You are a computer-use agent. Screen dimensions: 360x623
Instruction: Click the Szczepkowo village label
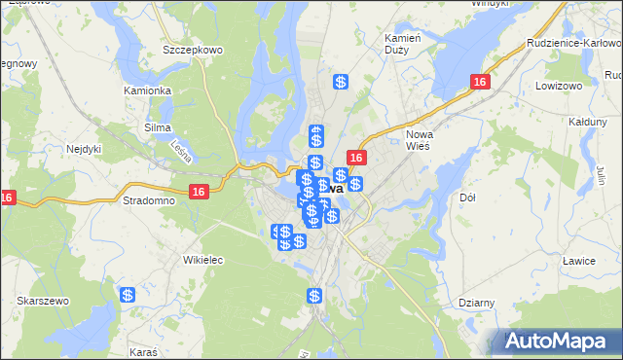(193, 49)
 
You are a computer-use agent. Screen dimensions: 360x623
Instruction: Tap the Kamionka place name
(148, 90)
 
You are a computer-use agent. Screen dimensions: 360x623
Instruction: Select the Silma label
(158, 127)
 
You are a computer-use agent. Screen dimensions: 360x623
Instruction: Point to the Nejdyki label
(85, 149)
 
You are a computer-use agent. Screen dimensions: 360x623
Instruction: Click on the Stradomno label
(149, 201)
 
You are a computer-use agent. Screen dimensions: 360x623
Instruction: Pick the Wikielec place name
(203, 260)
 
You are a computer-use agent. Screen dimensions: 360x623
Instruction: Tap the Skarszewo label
(43, 302)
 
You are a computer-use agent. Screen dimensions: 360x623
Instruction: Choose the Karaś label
(142, 348)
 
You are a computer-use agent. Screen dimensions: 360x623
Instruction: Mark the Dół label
(466, 198)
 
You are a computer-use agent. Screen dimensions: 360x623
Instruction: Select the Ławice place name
(578, 260)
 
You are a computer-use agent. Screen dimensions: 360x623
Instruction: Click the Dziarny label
(477, 303)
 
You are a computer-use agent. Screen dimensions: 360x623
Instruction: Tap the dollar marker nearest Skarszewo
(128, 295)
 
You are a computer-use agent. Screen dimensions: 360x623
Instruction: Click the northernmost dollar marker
(341, 84)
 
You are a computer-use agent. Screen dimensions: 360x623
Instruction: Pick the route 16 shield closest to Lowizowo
(479, 84)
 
